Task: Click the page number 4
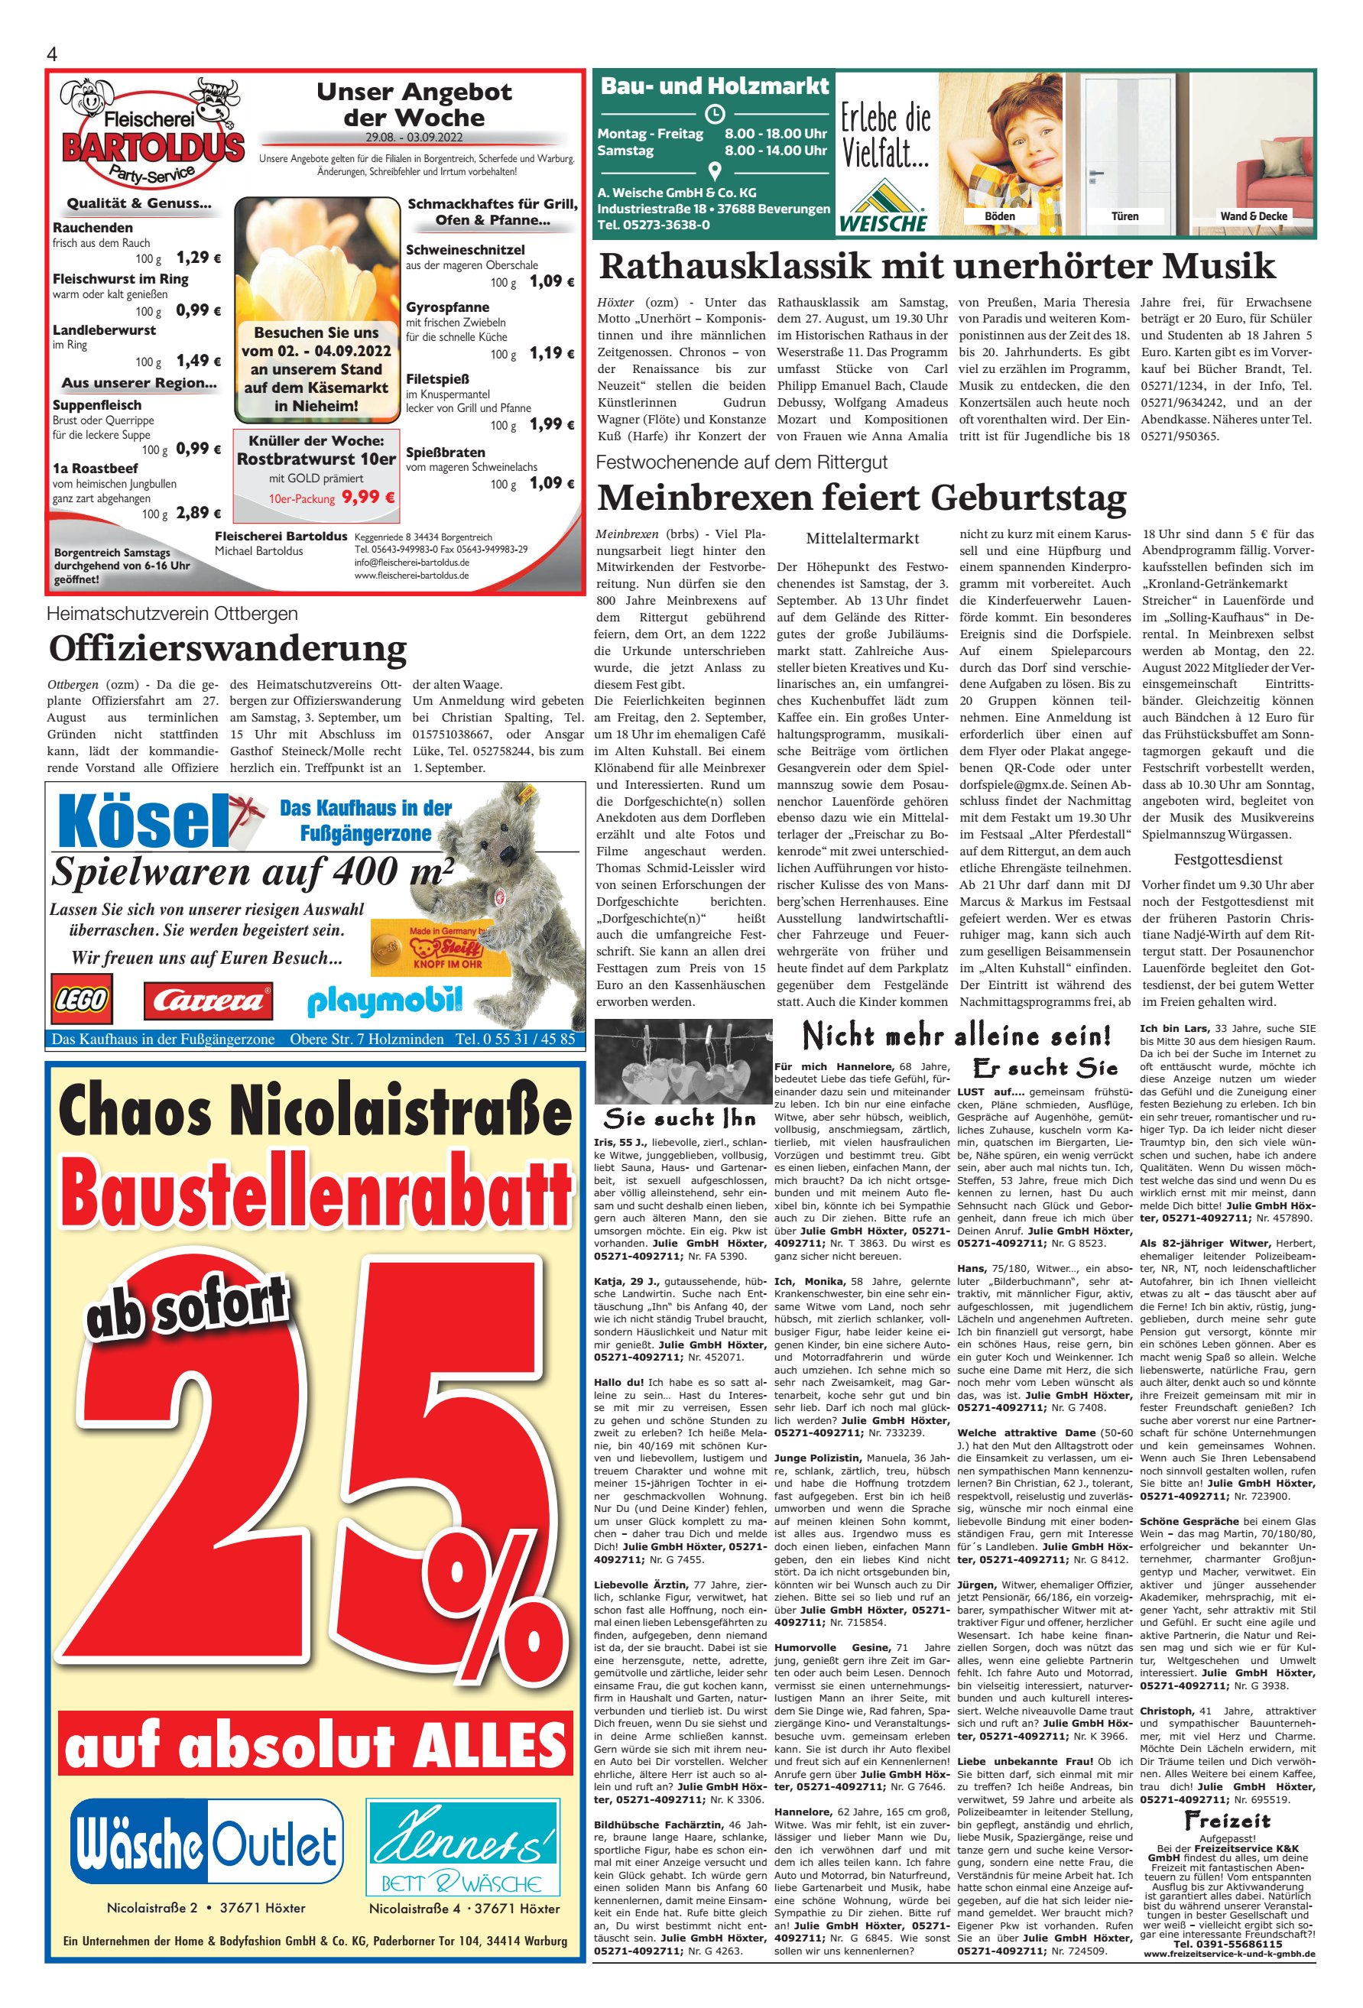[52, 54]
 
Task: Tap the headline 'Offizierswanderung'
[227, 648]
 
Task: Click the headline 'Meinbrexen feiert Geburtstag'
[862, 498]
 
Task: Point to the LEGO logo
[81, 1001]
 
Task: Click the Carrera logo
[208, 1001]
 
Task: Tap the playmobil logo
[385, 1001]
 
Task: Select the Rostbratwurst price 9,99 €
[368, 497]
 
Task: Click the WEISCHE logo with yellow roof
[881, 207]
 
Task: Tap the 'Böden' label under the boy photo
[1000, 216]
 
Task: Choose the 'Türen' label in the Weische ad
[1124, 216]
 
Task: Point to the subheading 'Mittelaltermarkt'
[862, 538]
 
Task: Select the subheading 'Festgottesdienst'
[1227, 860]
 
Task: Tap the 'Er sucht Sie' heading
[1045, 1068]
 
